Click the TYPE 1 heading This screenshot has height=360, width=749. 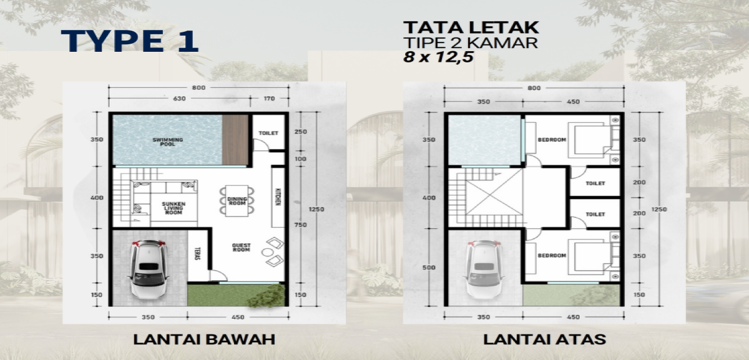130,40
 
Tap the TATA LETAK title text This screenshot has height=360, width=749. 471,27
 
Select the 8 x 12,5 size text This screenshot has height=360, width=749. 439,56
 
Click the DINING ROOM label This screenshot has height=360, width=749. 235,199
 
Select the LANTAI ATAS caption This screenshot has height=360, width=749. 544,340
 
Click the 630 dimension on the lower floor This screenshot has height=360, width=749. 179,98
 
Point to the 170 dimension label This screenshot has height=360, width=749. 270,98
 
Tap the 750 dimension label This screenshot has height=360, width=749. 301,225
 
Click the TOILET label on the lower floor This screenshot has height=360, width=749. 269,133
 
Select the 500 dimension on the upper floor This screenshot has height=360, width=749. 428,268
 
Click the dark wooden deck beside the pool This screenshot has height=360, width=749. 235,140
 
